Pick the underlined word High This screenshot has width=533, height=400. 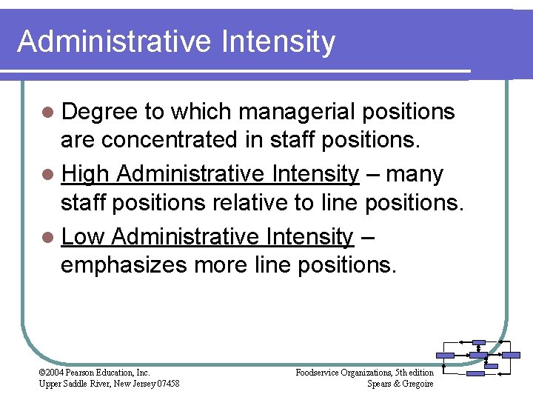point(85,174)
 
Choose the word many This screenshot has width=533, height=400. point(415,174)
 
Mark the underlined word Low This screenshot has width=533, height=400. point(84,237)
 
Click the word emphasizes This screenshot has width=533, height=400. point(124,264)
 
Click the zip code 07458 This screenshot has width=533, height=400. point(167,383)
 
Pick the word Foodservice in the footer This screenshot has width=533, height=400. point(318,373)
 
